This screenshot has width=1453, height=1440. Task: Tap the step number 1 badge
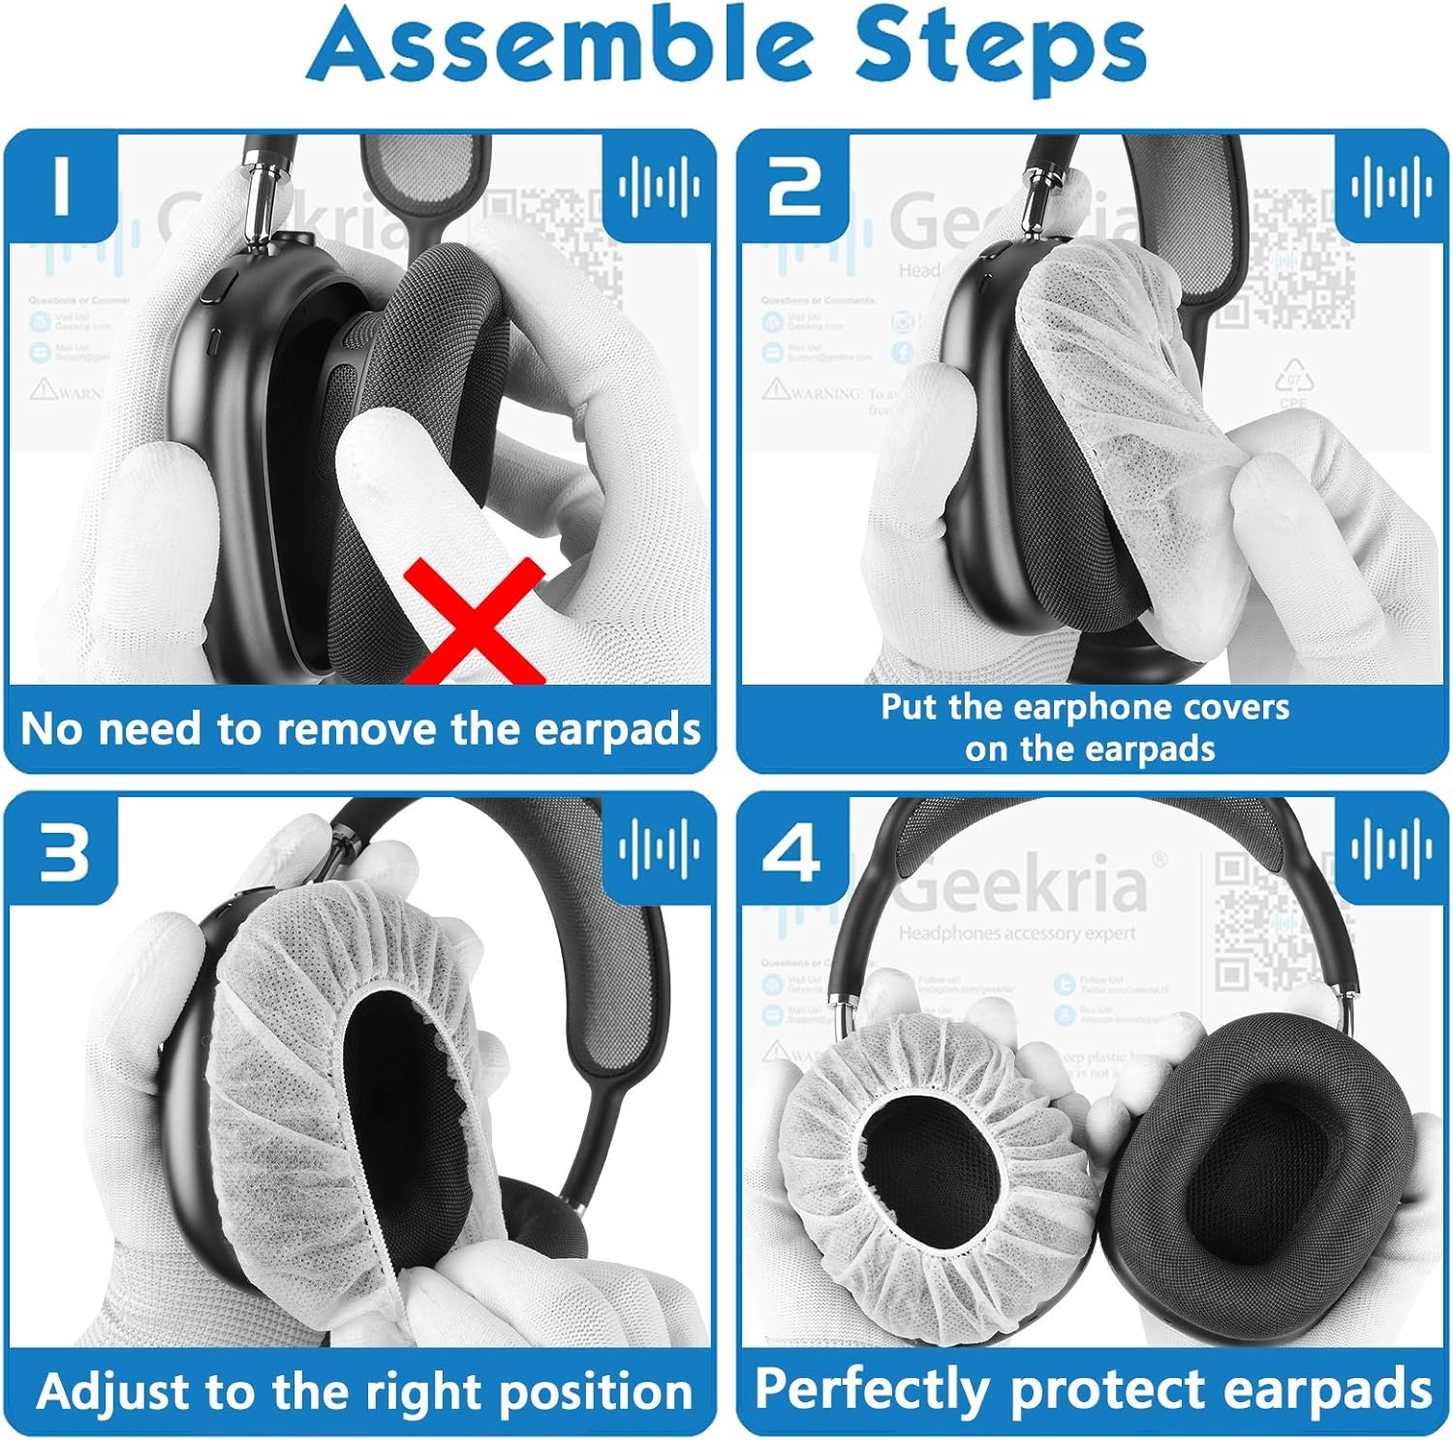pyautogui.click(x=62, y=187)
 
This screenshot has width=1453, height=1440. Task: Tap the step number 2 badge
pyautogui.click(x=793, y=187)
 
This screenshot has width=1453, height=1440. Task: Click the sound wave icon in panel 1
pyautogui.click(x=659, y=184)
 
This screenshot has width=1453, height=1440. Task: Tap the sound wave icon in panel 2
pyautogui.click(x=1391, y=184)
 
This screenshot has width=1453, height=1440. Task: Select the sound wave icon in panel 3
pyautogui.click(x=659, y=848)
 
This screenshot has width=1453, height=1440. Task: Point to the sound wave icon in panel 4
pyautogui.click(x=1391, y=848)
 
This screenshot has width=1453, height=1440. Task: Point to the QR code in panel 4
pyautogui.click(x=1259, y=920)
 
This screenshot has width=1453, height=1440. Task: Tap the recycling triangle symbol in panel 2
pyautogui.click(x=1293, y=376)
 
